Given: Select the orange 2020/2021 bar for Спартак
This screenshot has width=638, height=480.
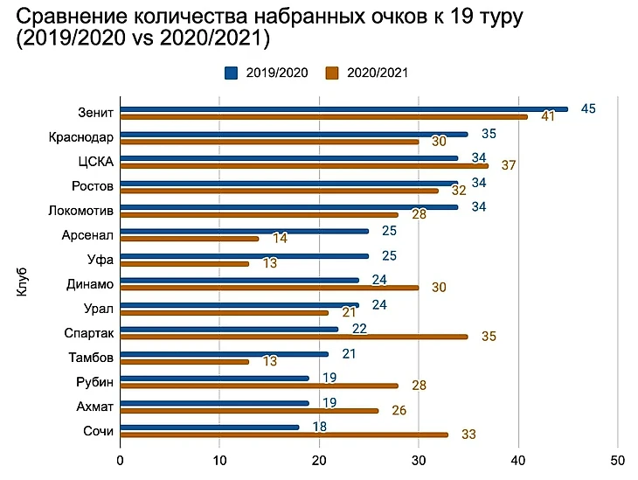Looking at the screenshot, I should coord(294,337).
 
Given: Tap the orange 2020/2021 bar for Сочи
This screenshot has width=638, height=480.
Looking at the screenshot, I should coord(284,435).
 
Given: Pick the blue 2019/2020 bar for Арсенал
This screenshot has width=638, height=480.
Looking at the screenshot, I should coord(244,232).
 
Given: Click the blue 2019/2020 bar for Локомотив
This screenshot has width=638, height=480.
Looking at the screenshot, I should coord(289,207).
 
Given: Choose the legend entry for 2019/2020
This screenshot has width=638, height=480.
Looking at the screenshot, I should coord(267,73).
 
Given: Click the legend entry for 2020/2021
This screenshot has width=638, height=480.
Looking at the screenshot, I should coord(367,73).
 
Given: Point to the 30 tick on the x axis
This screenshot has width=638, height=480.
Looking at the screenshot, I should coord(419,457).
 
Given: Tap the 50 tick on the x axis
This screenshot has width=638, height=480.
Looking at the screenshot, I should coord(618,457).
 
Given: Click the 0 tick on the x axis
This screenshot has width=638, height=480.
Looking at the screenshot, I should coord(120,457).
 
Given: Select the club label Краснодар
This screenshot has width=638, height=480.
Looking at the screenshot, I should coord(81,136).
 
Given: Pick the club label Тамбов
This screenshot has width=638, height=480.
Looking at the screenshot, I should coord(90,357).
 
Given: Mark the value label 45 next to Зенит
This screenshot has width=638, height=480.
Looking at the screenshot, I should coord(588,108).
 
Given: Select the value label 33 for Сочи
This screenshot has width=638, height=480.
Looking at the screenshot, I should coord(468,435).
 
